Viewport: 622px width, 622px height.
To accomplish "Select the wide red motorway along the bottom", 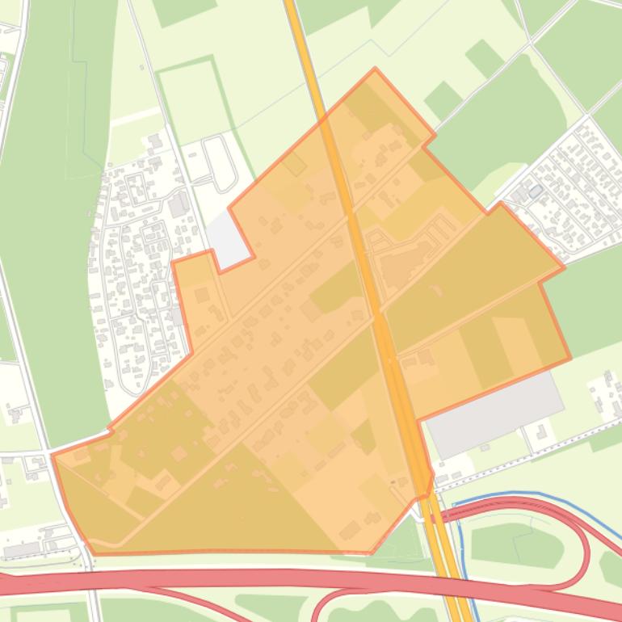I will pyautogui.click(x=202, y=581).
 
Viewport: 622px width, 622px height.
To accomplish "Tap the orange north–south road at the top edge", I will pyautogui.click(x=296, y=16).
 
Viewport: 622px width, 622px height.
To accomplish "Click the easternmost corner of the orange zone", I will pyautogui.click(x=570, y=357).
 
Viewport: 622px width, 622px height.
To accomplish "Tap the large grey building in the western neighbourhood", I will pyautogui.click(x=178, y=205).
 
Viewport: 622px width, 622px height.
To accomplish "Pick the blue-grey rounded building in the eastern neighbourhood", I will pyautogui.click(x=535, y=191).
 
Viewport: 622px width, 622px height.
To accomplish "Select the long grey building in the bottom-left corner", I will pyautogui.click(x=23, y=549).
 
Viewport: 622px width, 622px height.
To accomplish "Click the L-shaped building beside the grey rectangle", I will pyautogui.click(x=540, y=432).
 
